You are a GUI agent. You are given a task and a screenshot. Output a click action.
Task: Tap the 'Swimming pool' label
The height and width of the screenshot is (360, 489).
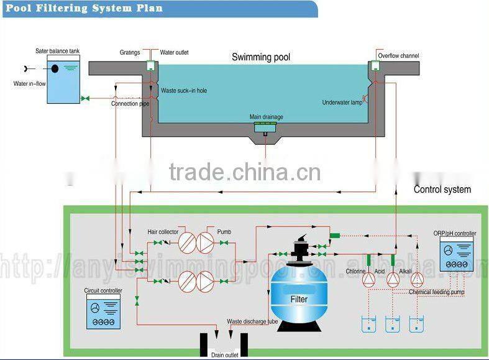pos(261,57)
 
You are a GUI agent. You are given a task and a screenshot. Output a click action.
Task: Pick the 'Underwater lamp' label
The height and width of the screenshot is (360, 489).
pos(342,102)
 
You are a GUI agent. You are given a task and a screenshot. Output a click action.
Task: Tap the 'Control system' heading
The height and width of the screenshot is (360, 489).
pos(442,190)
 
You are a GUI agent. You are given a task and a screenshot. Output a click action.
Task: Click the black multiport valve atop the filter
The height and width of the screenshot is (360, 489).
pos(299,247)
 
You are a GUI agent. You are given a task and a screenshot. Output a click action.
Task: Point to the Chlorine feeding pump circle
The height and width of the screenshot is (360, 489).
pos(371,280)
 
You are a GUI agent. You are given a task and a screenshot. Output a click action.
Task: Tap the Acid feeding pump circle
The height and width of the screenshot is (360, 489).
pos(393,280)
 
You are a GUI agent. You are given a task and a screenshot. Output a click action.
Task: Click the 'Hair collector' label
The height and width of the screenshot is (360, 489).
pos(163,232)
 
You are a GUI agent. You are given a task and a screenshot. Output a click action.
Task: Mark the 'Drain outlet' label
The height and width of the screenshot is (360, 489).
pos(224,355)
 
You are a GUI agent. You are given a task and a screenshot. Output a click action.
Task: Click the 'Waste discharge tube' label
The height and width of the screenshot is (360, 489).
pos(252,321)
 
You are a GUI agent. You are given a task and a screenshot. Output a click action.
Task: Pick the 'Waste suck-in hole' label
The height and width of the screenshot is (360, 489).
pos(184,91)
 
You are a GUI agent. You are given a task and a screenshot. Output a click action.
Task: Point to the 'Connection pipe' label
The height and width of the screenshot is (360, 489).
pos(130,104)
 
